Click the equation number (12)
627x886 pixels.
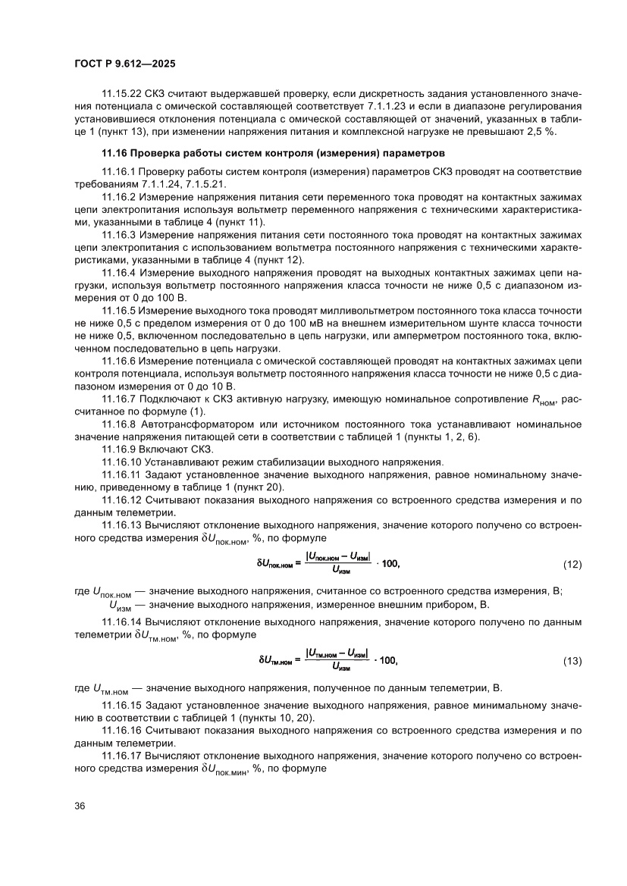[572, 565]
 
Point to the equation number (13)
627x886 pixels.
[572, 661]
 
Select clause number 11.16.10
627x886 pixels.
[124, 462]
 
